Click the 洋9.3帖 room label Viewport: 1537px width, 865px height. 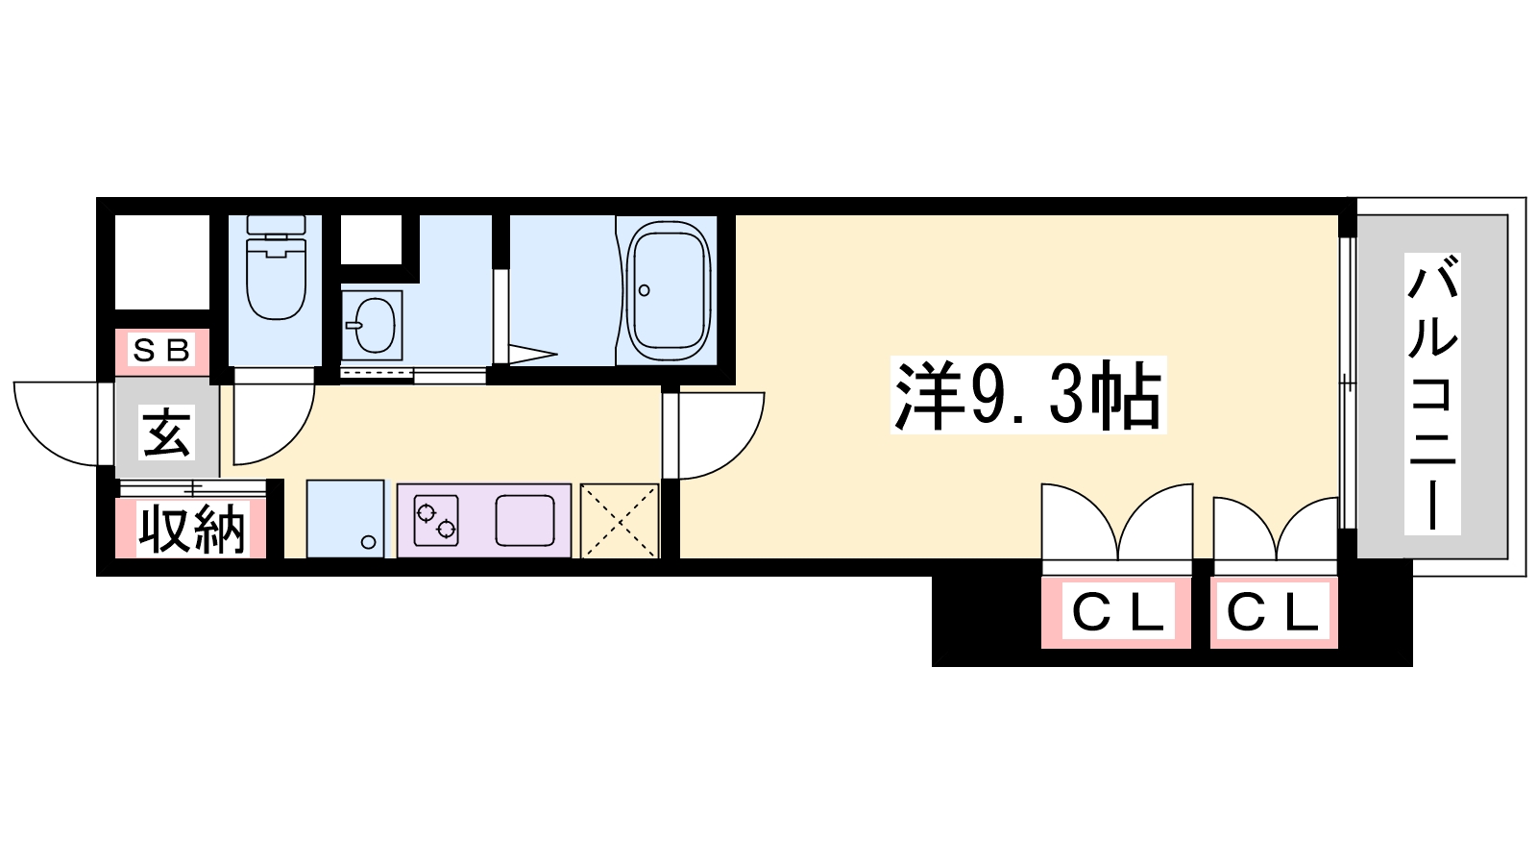pos(1028,395)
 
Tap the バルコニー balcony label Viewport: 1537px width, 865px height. pos(1432,393)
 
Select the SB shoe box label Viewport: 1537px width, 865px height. pos(161,350)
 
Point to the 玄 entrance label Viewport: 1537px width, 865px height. pos(167,432)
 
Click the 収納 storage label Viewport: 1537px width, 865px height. pos(191,529)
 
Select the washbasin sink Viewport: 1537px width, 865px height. pos(371,324)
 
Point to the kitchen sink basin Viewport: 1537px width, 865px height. pos(525,520)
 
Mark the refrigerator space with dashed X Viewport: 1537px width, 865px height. pos(620,521)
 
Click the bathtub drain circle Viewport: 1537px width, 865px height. pos(644,290)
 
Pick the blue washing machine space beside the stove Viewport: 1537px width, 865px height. pos(345,518)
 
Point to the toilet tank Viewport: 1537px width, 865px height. pos(276,225)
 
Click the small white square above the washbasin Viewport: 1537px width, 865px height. pos(371,239)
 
